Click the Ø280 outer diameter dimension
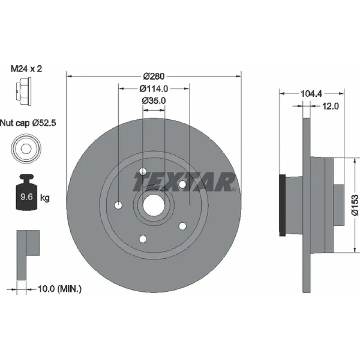(154, 76)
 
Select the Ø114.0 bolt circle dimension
(154, 89)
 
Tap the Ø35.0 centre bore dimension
(154, 101)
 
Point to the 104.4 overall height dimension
(311, 94)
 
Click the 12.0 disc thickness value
(331, 106)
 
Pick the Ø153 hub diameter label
(355, 205)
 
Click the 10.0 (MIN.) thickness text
(60, 288)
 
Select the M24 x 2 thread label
(27, 69)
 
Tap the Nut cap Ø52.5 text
(28, 123)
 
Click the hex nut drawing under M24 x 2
(24, 91)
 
